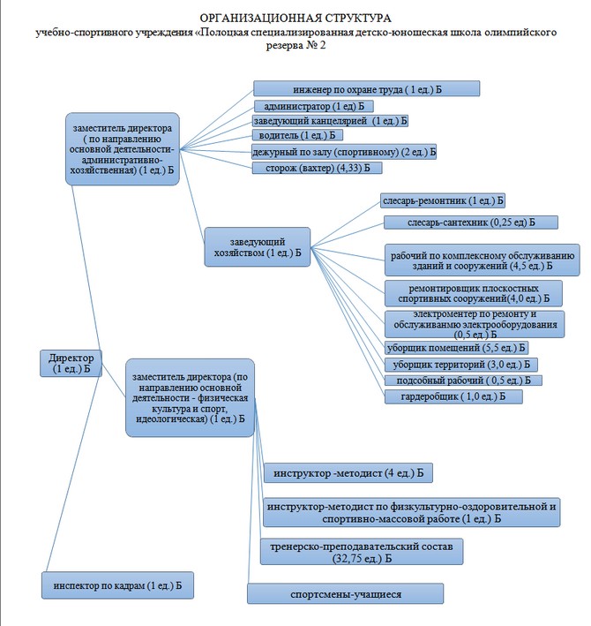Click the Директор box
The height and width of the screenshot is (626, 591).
pyautogui.click(x=71, y=363)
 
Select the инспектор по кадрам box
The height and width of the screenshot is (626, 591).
pyautogui.click(x=116, y=585)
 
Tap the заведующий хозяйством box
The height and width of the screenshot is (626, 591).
pyautogui.click(x=258, y=246)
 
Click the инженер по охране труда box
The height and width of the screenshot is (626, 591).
pyautogui.click(x=366, y=89)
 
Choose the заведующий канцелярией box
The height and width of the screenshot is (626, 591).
pyautogui.click(x=331, y=120)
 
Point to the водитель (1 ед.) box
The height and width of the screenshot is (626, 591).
pyautogui.click(x=297, y=136)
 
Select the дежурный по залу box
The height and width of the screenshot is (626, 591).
pyautogui.click(x=343, y=152)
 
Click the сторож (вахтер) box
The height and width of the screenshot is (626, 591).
pyautogui.click(x=317, y=168)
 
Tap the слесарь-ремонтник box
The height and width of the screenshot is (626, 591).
pyautogui.click(x=442, y=200)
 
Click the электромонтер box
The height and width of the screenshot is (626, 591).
pyautogui.click(x=474, y=324)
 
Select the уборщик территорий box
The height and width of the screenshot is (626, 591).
pyautogui.click(x=461, y=364)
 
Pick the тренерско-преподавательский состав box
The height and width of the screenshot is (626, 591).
pyautogui.click(x=362, y=553)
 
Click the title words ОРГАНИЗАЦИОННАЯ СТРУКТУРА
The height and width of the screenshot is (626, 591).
pyautogui.click(x=295, y=18)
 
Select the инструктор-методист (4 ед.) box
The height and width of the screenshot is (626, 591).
pyautogui.click(x=349, y=473)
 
